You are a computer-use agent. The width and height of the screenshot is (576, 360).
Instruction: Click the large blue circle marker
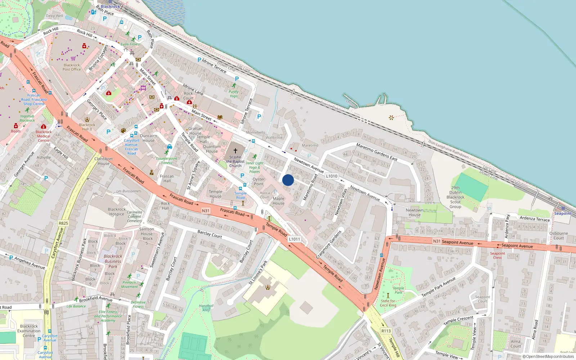pyautogui.click(x=288, y=180)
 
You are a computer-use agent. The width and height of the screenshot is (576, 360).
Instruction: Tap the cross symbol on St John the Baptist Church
pyautogui.click(x=235, y=151)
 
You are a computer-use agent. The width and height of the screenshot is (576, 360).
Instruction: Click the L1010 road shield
pyautogui.click(x=332, y=176)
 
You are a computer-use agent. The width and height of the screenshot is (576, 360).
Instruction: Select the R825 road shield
pyautogui.click(x=63, y=223)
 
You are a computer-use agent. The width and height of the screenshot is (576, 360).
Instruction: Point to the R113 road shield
pyautogui.click(x=386, y=331)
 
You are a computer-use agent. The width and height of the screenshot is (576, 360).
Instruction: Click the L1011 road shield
pyautogui.click(x=294, y=239)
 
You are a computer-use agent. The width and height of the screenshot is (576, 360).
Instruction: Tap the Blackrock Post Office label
pyautogui.click(x=72, y=67)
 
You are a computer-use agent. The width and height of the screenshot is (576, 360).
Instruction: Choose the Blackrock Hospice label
pyautogui.click(x=117, y=212)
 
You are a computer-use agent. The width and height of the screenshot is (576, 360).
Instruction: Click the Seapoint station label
pyautogui.click(x=563, y=213)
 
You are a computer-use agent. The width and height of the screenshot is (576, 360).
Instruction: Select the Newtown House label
pyautogui.click(x=414, y=212)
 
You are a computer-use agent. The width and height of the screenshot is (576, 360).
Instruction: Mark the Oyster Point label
pyautogui.click(x=258, y=181)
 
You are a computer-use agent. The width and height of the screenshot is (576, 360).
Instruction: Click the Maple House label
pyautogui.click(x=278, y=201)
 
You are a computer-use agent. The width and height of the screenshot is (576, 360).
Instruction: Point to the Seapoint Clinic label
pyautogui.click(x=498, y=255)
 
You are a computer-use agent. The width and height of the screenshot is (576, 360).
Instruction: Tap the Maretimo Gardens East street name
pyautogui.click(x=377, y=152)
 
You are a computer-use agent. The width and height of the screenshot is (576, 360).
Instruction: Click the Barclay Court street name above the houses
pyautogui.click(x=210, y=234)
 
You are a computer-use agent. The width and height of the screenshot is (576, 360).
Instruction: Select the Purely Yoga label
pyautogui.click(x=234, y=94)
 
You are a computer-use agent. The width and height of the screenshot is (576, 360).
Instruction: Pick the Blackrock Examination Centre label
pyautogui.click(x=29, y=331)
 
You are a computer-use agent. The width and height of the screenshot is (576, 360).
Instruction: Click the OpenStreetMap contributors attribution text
pyautogui.click(x=548, y=356)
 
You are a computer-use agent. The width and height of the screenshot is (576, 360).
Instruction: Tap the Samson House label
pyautogui.click(x=147, y=231)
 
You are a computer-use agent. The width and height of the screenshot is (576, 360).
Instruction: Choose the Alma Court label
pyautogui.click(x=516, y=344)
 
